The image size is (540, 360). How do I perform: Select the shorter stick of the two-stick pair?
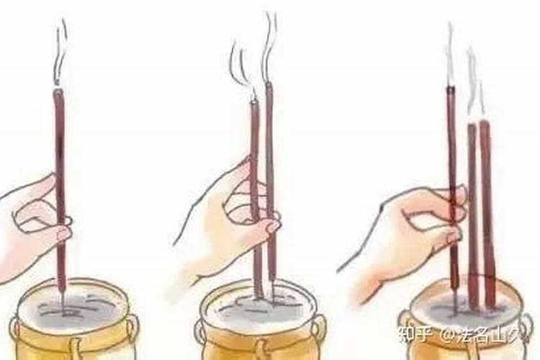pos(255,180)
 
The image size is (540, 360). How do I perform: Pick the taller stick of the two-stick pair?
pos(270,166)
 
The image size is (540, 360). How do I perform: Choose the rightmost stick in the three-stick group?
pos(487,209)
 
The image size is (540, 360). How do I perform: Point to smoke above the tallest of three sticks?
pos(449,54)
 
